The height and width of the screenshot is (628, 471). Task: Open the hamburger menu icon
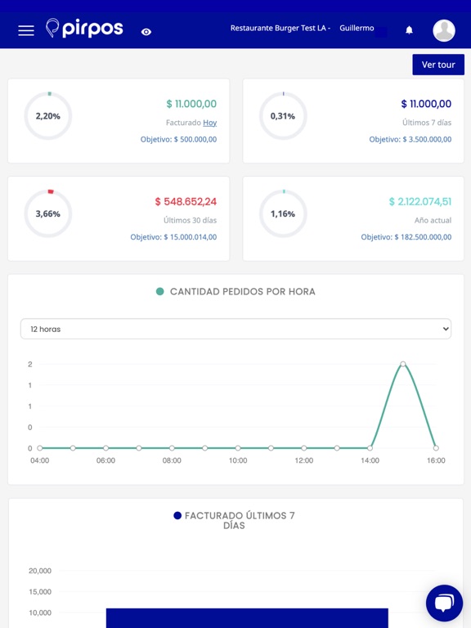[26, 30]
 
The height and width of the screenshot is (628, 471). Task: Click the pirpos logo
[84, 29]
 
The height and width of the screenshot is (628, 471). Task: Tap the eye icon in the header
[146, 32]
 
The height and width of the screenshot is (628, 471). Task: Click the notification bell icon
[409, 30]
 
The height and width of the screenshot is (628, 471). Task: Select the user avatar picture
[444, 30]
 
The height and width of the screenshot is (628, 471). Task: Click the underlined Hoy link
[210, 123]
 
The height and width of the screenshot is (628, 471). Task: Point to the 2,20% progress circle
[48, 116]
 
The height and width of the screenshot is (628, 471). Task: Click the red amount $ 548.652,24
[186, 201]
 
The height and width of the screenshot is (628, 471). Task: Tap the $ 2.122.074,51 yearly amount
[419, 201]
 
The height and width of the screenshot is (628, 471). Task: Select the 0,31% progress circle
[283, 116]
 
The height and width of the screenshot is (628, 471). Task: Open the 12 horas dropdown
[235, 329]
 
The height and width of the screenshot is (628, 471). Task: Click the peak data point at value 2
[403, 364]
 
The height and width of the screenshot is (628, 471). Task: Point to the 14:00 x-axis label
[370, 460]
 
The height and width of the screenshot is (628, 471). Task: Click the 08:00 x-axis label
[172, 460]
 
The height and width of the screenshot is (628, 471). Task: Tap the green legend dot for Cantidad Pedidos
[160, 292]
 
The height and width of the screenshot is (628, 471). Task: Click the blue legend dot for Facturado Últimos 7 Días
[177, 516]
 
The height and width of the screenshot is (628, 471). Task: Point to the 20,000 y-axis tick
[40, 571]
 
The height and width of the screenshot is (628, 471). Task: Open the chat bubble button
[444, 603]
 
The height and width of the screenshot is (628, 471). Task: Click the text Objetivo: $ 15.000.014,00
[173, 237]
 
